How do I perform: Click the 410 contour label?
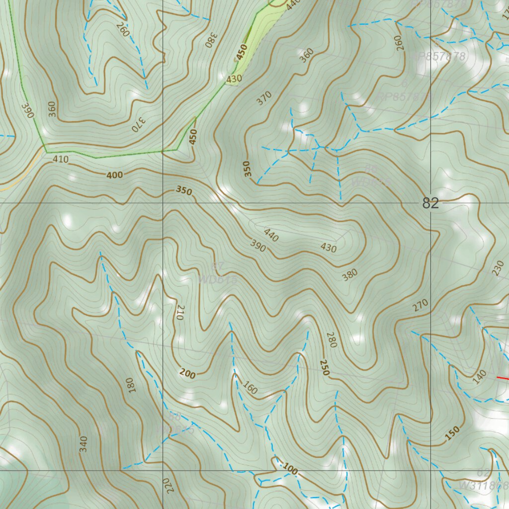[x=60, y=159]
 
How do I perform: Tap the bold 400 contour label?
[x=114, y=175]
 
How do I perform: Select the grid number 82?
[x=430, y=203]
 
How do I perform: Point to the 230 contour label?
[x=497, y=268]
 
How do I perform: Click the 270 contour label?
[x=420, y=305]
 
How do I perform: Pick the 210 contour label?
[x=179, y=312]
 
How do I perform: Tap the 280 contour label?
[x=332, y=339]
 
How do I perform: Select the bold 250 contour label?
[x=325, y=367]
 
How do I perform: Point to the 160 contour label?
[x=250, y=388]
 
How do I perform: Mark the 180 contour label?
[x=130, y=385]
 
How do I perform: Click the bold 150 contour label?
[x=452, y=433]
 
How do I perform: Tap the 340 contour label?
[x=83, y=443]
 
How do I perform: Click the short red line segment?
[x=503, y=378]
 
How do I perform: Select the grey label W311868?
[x=483, y=485]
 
